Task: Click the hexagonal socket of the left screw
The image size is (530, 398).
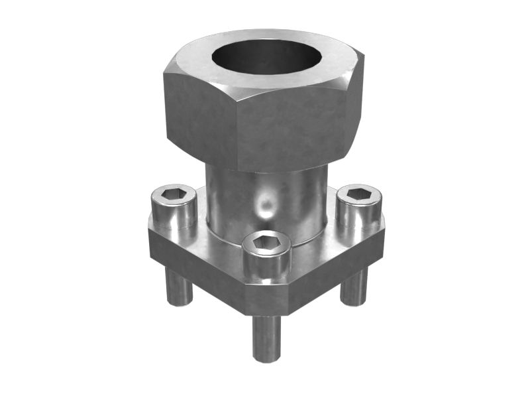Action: click(x=173, y=194)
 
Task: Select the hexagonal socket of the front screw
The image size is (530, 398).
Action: click(x=266, y=243)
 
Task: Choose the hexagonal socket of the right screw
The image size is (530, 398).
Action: click(x=359, y=194)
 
